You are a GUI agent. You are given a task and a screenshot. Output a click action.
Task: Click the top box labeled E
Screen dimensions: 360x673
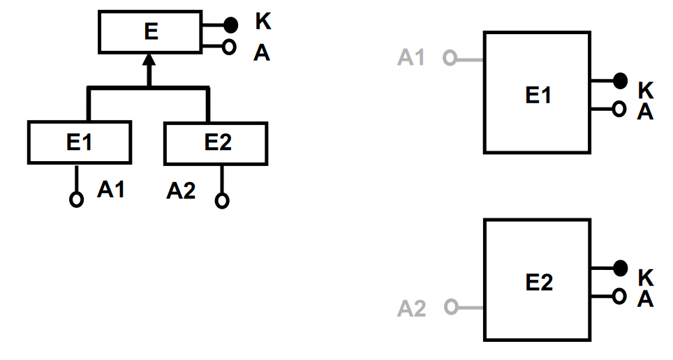pos(149,32)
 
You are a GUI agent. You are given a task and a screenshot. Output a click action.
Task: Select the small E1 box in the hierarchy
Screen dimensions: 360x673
pos(79,142)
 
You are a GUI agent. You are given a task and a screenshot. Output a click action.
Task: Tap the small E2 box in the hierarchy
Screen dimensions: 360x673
pos(216,142)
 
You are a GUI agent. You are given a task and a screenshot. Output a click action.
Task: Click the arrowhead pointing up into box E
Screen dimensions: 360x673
pos(149,64)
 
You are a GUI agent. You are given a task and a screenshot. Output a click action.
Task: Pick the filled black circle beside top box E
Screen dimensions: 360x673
pos(230,25)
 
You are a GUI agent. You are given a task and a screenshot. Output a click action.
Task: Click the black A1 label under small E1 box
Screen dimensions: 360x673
pos(111,189)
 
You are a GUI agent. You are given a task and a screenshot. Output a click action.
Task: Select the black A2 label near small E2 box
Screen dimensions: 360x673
pos(181,191)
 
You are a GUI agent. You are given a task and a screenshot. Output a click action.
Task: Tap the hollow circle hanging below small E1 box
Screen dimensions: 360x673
pos(77,199)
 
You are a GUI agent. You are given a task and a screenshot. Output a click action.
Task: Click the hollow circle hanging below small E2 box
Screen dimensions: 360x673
pos(222,200)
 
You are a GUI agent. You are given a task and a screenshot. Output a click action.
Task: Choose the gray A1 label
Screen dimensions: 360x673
pos(411,58)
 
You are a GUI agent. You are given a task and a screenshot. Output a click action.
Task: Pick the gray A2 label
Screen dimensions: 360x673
pos(411,308)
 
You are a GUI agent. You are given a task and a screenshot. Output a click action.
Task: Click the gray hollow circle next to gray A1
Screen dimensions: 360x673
pos(449,59)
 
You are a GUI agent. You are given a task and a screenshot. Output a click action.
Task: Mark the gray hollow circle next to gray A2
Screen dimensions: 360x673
pos(450,306)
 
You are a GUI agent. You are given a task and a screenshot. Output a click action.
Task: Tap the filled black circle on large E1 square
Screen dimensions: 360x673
pos(619,81)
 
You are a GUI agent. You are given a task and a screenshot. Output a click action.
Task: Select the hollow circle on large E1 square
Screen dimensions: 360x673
pos(618,109)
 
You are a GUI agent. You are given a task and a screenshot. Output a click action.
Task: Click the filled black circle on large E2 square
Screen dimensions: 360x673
pos(619,267)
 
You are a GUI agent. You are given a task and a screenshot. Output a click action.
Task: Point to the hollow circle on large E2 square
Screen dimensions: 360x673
pos(618,296)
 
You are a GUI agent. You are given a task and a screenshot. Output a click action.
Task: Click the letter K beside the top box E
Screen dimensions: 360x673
pos(263,22)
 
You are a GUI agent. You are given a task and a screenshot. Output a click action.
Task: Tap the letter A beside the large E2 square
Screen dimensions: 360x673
pos(646,299)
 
